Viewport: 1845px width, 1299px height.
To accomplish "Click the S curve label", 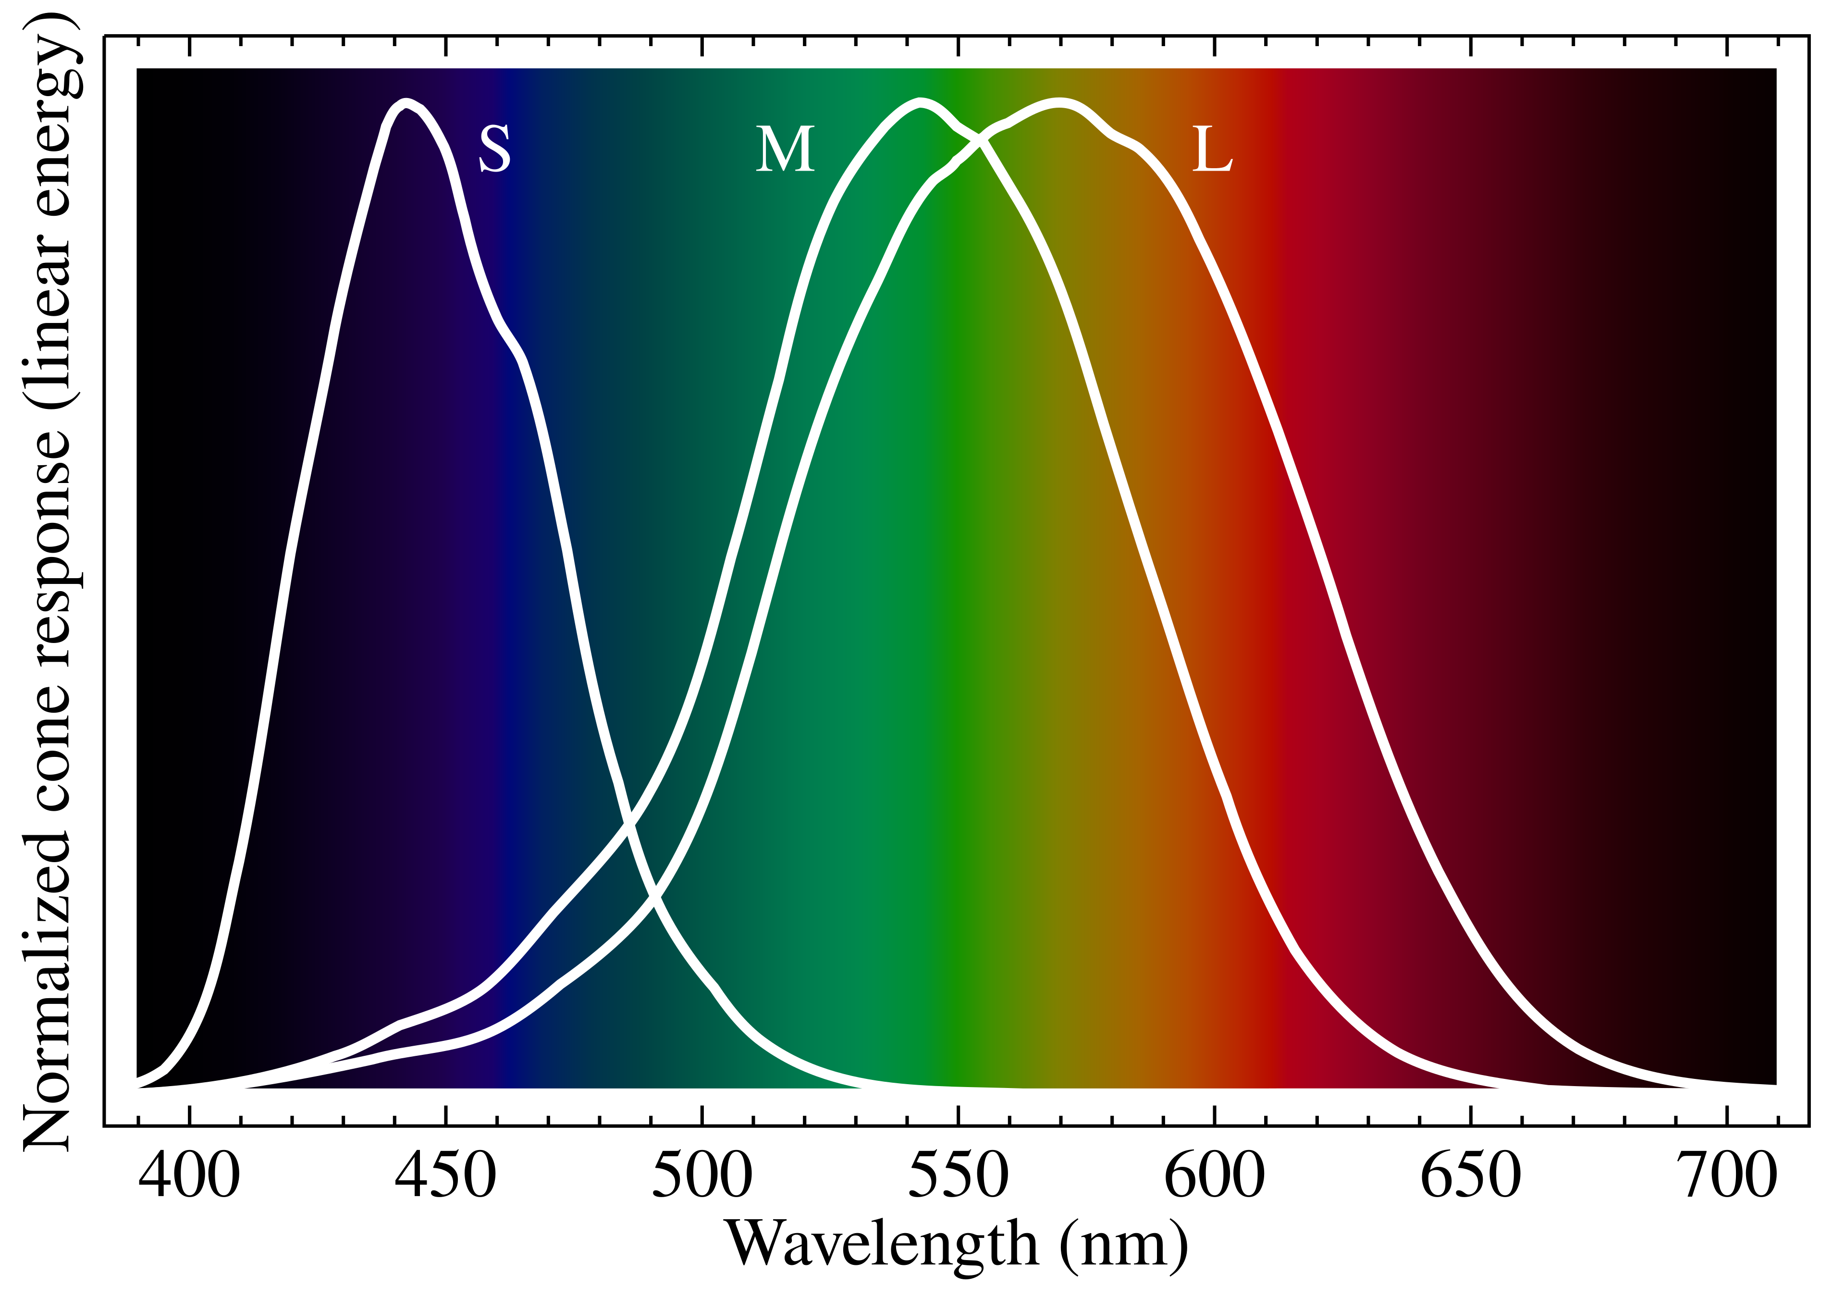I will coord(494,149).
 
